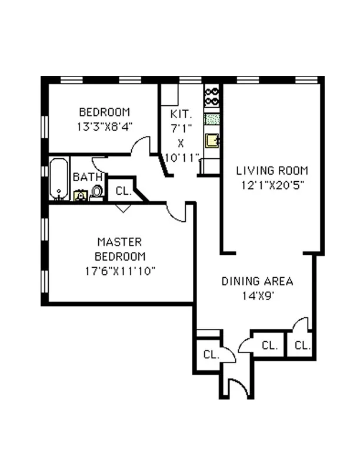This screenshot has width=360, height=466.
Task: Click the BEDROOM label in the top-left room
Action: click(x=105, y=112)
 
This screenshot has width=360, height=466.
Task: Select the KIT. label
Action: click(x=178, y=114)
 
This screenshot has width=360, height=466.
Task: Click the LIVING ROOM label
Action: click(x=272, y=171)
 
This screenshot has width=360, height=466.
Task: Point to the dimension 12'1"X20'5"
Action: click(x=272, y=184)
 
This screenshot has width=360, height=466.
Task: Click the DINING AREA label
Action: click(x=257, y=281)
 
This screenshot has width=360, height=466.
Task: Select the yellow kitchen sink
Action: click(x=212, y=141)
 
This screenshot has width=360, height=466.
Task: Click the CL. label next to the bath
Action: click(x=123, y=191)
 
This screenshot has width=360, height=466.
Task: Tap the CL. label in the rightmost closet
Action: click(x=302, y=345)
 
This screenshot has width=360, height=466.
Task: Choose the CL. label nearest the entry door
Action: click(x=211, y=354)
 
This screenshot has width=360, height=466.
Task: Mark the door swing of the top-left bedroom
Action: click(x=142, y=147)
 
